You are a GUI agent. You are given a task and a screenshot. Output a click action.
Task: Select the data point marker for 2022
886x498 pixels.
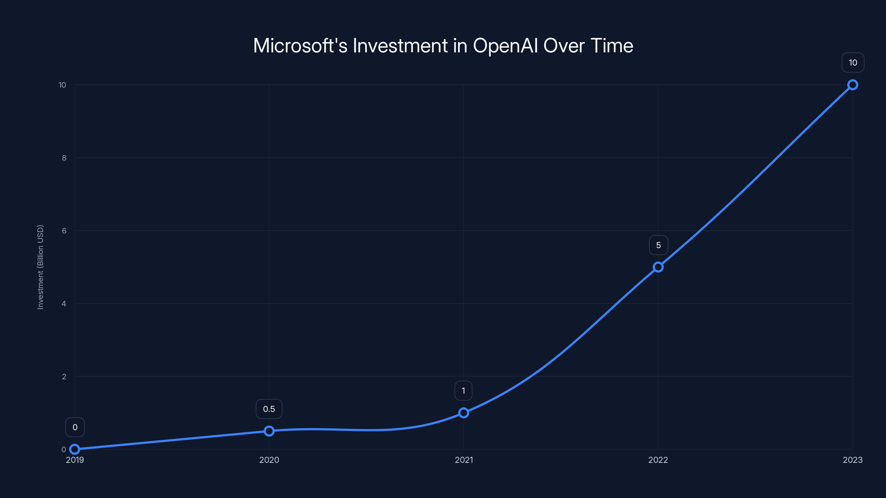658,267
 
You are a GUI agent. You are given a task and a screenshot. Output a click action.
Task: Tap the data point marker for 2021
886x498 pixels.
464,413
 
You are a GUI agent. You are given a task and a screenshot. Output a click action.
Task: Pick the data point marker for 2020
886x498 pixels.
269,431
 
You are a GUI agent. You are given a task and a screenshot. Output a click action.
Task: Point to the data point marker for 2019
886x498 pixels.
75,449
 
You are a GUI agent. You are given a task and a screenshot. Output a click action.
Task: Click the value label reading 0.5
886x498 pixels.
269,409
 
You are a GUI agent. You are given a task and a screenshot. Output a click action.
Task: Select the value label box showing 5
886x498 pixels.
658,245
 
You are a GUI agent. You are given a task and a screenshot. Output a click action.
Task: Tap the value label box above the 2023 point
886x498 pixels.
853,63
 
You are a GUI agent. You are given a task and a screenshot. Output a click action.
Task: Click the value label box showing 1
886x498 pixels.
463,391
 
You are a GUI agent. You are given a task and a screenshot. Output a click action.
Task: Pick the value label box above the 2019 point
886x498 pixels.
75,427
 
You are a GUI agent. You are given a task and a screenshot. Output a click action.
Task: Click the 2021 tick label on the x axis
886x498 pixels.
464,460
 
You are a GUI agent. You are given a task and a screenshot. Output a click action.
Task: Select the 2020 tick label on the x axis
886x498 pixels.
269,460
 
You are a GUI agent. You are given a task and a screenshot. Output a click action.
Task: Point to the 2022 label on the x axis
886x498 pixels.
658,460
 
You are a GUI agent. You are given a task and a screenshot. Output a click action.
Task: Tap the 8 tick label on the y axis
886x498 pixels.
64,158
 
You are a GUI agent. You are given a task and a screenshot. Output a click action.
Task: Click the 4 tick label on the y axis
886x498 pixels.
64,304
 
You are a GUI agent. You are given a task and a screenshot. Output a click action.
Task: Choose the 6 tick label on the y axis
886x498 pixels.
64,231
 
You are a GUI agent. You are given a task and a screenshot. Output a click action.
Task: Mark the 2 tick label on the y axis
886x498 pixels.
64,377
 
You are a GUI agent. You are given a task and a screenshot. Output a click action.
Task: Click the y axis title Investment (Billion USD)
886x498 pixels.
40,267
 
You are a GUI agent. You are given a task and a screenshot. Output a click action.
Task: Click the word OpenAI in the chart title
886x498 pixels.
505,46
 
